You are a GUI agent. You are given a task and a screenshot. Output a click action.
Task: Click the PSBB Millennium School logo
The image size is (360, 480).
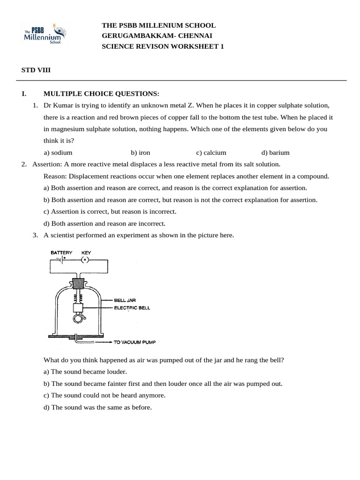tap(45, 34)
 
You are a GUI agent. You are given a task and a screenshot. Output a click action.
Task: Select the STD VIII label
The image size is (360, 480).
tap(36, 70)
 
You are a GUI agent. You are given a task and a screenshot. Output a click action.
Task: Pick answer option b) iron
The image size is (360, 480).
tap(141, 152)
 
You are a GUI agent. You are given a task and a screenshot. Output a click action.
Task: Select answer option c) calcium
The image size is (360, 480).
tap(211, 152)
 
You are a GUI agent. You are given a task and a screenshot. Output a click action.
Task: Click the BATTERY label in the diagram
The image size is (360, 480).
tap(61, 253)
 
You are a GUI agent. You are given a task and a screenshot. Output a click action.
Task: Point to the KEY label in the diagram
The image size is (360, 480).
tap(86, 253)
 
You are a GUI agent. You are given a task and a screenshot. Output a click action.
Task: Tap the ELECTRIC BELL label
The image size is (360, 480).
tap(132, 308)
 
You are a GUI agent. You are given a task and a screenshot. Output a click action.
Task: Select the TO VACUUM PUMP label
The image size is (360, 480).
tap(135, 342)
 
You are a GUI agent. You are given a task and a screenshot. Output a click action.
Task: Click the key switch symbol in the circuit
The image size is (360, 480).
tap(85, 260)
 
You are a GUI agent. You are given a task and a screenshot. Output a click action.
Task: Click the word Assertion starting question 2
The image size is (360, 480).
tap(47, 164)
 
